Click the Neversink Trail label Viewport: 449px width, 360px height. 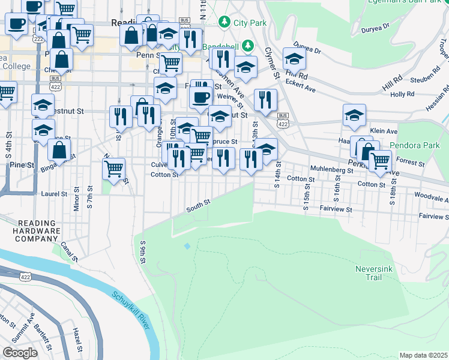373,273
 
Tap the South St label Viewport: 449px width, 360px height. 197,205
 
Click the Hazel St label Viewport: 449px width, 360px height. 76,340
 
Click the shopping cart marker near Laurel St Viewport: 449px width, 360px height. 113,169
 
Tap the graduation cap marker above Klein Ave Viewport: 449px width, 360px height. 354,115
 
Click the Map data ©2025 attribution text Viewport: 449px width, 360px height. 423,355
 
